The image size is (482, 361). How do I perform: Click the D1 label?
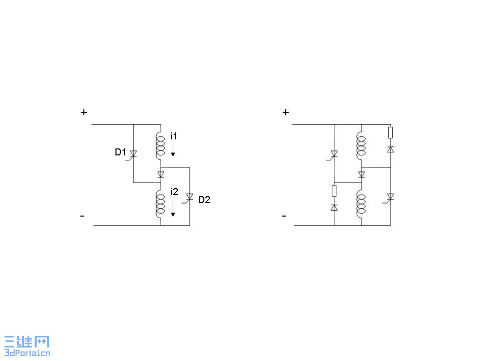pos(120,152)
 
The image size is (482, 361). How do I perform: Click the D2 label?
pos(204,200)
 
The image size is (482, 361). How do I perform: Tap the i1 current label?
pos(174,136)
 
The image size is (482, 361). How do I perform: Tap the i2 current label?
pos(174,192)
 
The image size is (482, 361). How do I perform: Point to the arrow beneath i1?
pos(173,150)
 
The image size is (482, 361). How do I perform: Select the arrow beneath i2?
pos(173,209)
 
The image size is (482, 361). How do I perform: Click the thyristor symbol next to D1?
pos(133,154)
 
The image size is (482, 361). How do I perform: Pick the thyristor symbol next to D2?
pos(189,198)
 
